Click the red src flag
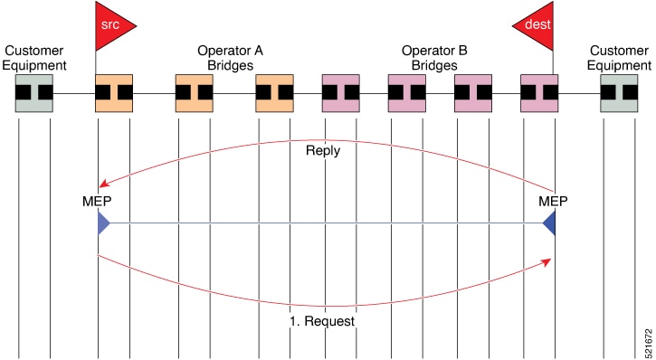point(112,25)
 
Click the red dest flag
point(537,25)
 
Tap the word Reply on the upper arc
point(323,150)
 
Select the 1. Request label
point(322,321)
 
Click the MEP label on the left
point(97,202)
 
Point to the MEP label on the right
point(553,202)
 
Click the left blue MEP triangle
point(103,223)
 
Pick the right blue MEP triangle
point(550,223)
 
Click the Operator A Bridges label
point(230,58)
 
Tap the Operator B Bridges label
point(434,58)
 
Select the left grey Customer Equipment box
point(34,93)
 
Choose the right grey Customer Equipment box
point(619,93)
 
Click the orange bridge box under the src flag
point(114,93)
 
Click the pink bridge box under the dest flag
point(539,93)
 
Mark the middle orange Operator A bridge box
point(195,93)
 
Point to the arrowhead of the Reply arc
point(103,184)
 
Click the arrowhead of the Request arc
point(547,261)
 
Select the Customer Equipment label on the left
point(34,58)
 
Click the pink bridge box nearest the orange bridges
point(340,93)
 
